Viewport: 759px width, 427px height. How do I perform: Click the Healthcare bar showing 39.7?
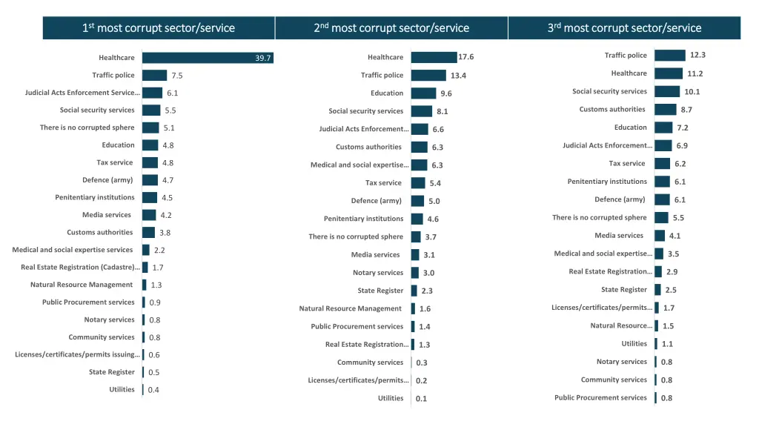(x=208, y=58)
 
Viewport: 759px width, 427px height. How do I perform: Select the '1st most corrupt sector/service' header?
(x=159, y=28)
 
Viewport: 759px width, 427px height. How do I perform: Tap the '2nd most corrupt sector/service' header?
(x=391, y=28)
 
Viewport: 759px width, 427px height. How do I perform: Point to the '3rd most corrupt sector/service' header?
(x=624, y=28)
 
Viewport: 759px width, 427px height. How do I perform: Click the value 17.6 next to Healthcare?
(x=466, y=57)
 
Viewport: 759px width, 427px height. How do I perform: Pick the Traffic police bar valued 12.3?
(x=670, y=56)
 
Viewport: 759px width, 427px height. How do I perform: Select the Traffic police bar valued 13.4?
(x=428, y=75)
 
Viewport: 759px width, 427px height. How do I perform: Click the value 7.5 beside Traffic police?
(x=177, y=76)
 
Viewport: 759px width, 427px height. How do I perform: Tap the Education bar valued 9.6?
(x=423, y=93)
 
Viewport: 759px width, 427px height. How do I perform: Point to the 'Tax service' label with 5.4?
(x=383, y=183)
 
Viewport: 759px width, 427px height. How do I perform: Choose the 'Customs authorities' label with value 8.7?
(x=612, y=110)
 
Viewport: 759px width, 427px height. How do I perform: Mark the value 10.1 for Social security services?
(x=692, y=92)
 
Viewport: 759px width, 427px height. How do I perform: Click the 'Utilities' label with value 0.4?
(x=122, y=389)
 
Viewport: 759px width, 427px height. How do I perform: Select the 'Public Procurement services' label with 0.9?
(x=89, y=302)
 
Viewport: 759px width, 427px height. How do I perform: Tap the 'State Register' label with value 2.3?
(x=380, y=291)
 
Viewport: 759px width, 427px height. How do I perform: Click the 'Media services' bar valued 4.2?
(x=149, y=215)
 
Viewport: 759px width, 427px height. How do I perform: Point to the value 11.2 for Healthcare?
(x=695, y=73)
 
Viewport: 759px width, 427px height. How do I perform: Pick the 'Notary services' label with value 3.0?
(x=378, y=273)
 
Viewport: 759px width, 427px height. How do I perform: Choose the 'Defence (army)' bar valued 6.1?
(x=662, y=199)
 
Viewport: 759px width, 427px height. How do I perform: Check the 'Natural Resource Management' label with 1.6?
(x=351, y=308)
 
